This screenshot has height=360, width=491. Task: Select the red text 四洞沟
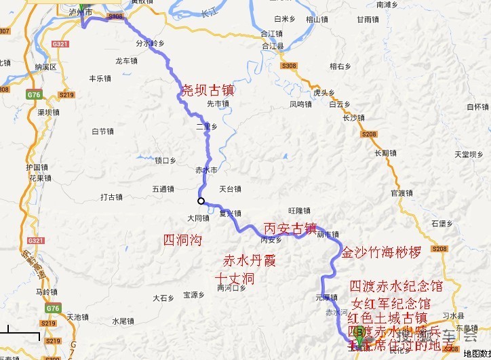coord(182,240)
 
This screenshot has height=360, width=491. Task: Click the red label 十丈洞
coord(234,278)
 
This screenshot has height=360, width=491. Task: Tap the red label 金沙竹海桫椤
coord(381,252)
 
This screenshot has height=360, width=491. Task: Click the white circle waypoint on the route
coord(201,201)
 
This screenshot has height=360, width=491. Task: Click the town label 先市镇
coord(218,104)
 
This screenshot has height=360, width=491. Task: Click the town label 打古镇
coord(111,197)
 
